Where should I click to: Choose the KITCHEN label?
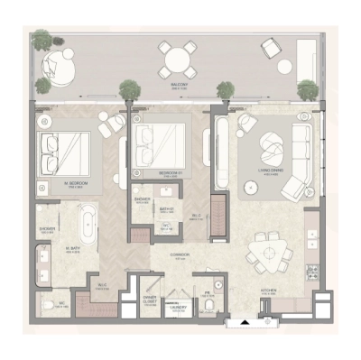click(268, 291)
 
